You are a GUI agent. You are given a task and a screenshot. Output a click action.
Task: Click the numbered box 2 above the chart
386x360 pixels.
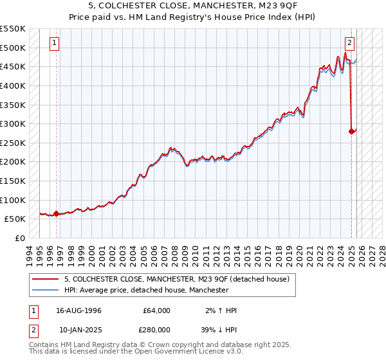(349, 44)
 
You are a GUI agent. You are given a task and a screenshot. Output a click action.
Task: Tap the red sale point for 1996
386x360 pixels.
(56, 213)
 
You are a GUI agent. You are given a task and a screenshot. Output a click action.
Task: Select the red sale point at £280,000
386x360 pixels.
(352, 131)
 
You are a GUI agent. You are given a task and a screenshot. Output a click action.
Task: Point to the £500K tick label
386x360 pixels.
(13, 48)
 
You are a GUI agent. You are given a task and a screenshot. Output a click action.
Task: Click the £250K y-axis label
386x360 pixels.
(13, 143)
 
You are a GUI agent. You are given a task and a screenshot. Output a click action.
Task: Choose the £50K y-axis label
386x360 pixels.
(15, 219)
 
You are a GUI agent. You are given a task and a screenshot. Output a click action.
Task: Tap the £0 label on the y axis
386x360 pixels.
(20, 238)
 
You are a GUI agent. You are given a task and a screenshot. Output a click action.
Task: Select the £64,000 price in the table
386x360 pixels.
(156, 310)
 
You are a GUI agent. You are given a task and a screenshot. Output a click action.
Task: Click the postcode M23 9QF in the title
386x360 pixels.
(247, 5)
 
